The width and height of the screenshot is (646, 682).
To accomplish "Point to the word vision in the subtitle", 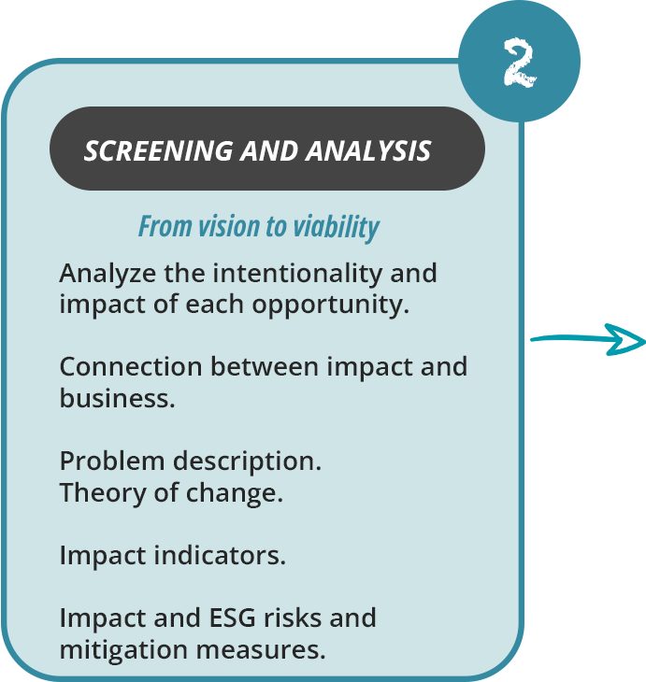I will pyautogui.click(x=215, y=226).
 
